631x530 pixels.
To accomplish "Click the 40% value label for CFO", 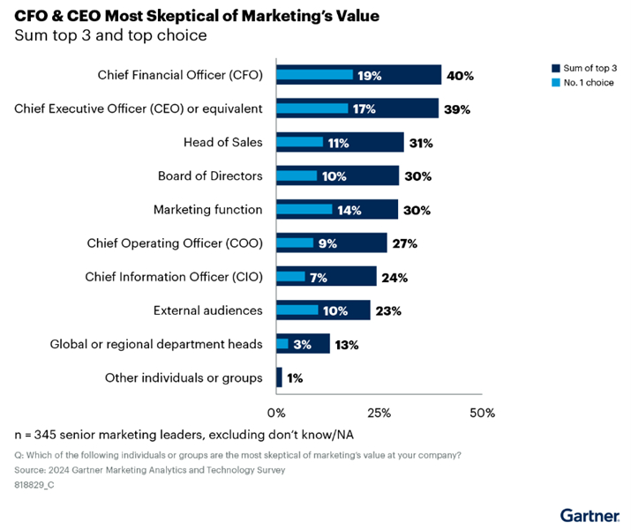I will (x=460, y=76).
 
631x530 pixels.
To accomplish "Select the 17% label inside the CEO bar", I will (x=364, y=109).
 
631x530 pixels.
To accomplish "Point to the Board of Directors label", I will (x=210, y=175).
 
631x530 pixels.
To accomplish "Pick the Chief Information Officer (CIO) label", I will (x=174, y=277).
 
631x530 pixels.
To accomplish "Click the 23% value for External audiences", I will (x=388, y=310).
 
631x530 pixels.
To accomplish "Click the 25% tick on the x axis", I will (x=379, y=413).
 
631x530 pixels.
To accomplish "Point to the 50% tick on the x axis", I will (x=482, y=413).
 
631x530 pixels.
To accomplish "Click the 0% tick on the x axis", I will (x=277, y=413).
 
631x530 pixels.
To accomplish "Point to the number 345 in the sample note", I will (x=45, y=436).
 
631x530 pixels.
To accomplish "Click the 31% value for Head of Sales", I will (x=421, y=143).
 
